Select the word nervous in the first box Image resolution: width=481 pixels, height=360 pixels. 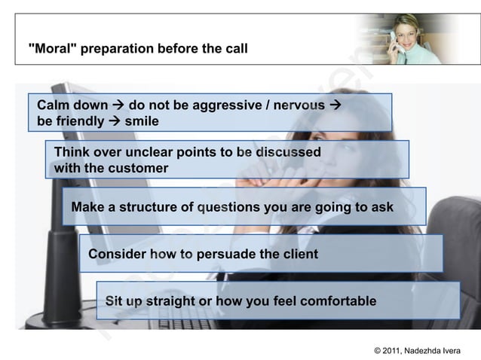tap(299, 105)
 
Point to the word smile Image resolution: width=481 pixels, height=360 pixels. tap(142, 121)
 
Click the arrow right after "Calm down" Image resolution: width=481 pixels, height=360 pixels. tap(118, 105)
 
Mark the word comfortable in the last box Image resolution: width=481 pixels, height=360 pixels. tap(338, 301)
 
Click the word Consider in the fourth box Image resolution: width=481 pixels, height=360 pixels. tap(117, 254)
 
